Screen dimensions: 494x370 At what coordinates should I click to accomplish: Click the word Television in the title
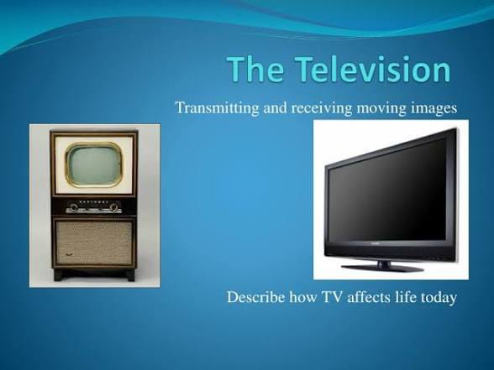tap(372, 69)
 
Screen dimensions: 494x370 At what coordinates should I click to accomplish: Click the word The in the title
tap(255, 69)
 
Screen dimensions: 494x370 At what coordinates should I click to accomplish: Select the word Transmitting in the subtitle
tap(217, 108)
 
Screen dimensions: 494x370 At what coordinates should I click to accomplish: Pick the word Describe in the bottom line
tap(255, 297)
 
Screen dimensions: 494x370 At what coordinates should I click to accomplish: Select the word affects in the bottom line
tap(369, 297)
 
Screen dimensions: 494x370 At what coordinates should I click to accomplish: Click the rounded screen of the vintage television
tap(94, 164)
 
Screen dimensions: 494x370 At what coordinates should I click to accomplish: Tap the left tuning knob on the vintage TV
tap(74, 207)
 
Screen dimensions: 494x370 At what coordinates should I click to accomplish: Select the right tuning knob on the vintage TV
tap(114, 207)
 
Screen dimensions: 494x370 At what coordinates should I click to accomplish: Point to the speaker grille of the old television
tap(94, 242)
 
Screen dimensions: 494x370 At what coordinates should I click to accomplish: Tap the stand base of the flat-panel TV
tap(382, 268)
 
